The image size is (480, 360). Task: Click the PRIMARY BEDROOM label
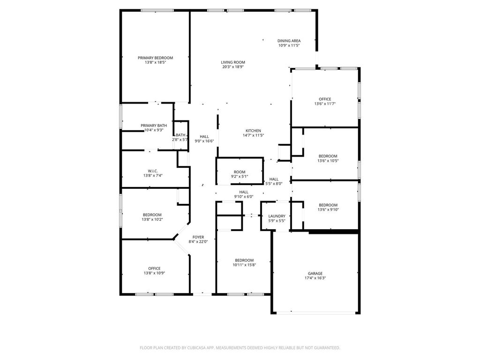point(155,58)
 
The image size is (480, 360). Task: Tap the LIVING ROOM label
point(233,62)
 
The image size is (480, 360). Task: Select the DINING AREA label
point(289,41)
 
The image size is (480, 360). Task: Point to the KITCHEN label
point(254,131)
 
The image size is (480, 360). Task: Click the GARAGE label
point(315,273)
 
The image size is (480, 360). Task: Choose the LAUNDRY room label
point(277,216)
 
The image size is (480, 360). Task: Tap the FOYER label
point(198,237)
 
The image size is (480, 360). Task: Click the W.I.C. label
point(153,171)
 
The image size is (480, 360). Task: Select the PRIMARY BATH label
point(154,126)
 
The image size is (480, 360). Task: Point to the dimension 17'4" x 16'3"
point(315,278)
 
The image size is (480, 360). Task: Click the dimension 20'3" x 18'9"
point(233,67)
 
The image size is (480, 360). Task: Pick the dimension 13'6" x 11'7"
point(325,104)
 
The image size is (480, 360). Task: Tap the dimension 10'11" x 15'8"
point(244,265)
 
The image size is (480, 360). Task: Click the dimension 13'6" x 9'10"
point(328,210)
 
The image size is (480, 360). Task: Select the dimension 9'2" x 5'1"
point(240,177)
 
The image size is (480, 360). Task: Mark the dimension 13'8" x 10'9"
point(154,273)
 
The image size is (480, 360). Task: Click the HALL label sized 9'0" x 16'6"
point(204,137)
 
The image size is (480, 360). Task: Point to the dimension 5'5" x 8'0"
point(274,184)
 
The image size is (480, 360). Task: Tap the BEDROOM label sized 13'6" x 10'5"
point(328,156)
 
